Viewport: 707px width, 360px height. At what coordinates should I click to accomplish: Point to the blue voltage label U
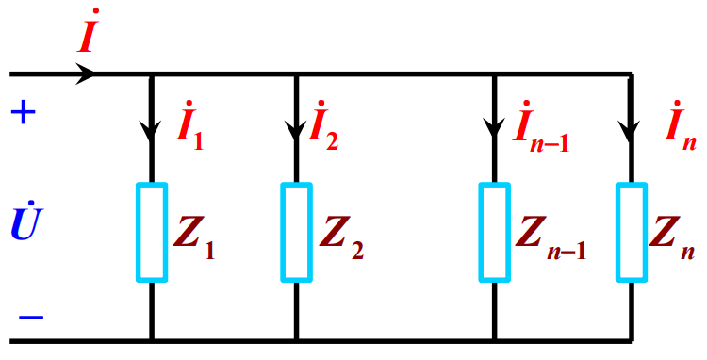pyautogui.click(x=25, y=221)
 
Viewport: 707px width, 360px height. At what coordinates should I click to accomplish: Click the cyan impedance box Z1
pyautogui.click(x=152, y=232)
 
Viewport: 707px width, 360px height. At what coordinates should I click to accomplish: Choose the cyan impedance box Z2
pyautogui.click(x=296, y=232)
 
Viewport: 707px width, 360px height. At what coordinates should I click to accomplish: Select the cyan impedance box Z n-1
pyautogui.click(x=495, y=232)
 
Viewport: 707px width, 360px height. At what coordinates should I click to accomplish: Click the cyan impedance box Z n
pyautogui.click(x=631, y=232)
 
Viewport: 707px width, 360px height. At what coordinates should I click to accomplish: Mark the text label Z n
pyautogui.click(x=673, y=236)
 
